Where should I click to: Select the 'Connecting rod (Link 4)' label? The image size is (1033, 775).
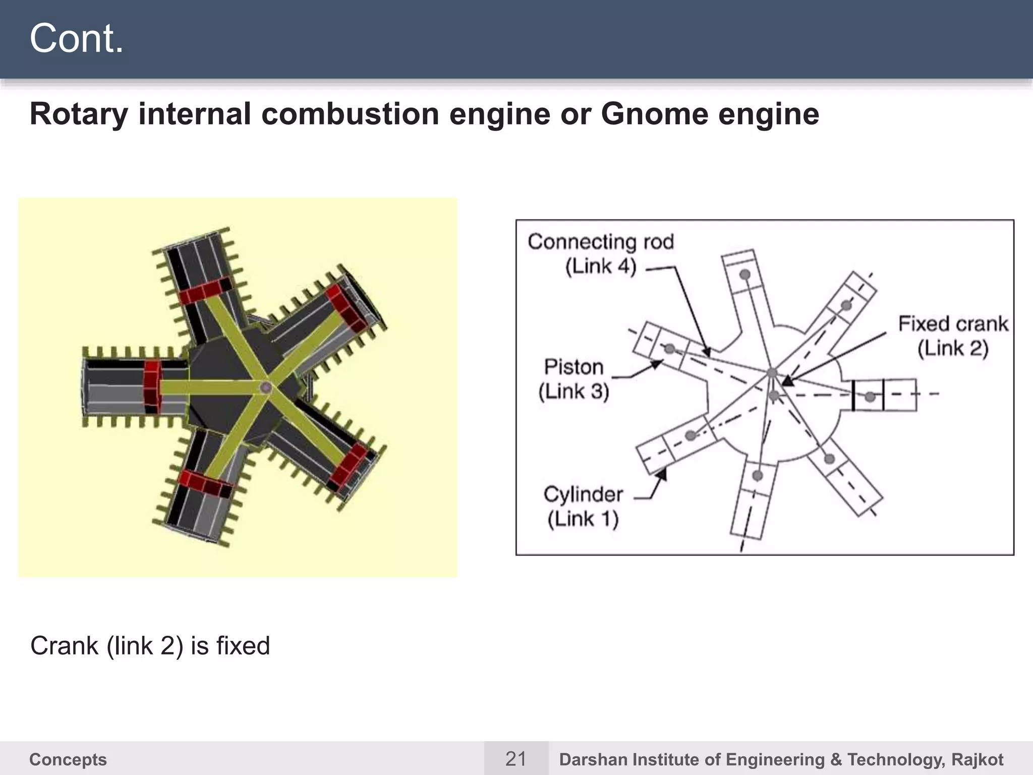[x=601, y=254]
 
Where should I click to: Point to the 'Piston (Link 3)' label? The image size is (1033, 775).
[x=573, y=379]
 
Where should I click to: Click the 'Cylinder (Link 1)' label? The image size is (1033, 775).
[x=583, y=507]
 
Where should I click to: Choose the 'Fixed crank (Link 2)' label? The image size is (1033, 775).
[x=953, y=336]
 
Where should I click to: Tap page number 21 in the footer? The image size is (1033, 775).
[x=515, y=758]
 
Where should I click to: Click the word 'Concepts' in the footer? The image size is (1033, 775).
[x=68, y=759]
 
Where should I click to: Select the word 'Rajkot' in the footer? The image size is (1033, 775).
[x=977, y=759]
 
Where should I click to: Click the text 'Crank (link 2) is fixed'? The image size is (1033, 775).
[x=150, y=646]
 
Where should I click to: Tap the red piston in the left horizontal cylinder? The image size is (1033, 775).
[x=152, y=386]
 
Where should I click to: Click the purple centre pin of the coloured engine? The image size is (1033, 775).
[x=266, y=387]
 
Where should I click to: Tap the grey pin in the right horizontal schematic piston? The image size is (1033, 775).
[x=870, y=397]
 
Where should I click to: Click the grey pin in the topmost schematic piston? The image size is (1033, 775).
[x=744, y=275]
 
